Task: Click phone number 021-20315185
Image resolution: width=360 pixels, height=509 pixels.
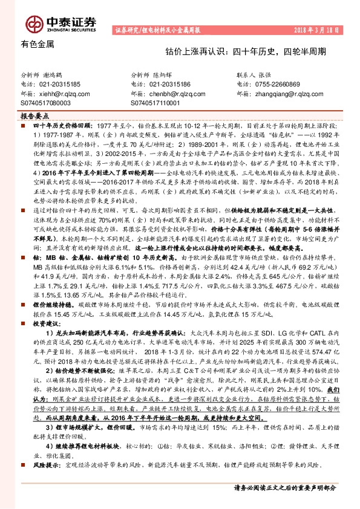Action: [58, 85]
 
